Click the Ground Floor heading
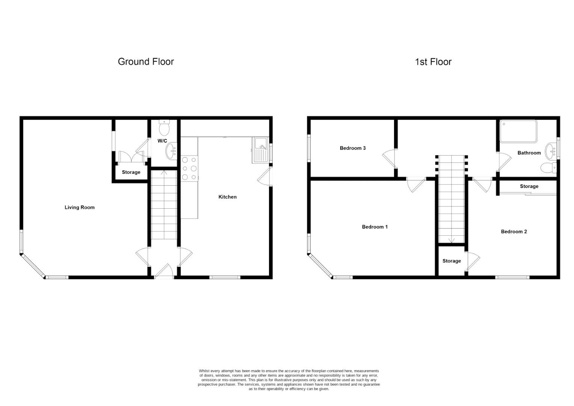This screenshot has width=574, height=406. coord(146,62)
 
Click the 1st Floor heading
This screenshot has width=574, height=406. coord(433,62)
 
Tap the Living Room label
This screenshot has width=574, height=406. coord(80,207)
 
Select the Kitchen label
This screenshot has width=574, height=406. coord(227,197)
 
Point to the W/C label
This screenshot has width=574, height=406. coord(162,141)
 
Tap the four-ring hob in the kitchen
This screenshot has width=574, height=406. coord(189,168)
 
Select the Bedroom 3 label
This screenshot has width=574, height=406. coord(352,148)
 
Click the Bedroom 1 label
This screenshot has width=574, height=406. coord(375,227)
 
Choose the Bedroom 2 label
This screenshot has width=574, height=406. coord(514,232)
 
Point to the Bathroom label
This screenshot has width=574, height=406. coord(529,153)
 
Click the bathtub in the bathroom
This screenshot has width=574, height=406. coord(518,131)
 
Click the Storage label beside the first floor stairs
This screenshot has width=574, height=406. coord(451,261)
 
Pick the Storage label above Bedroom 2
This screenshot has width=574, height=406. coord(529,186)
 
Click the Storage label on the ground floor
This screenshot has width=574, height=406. coord(131,172)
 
